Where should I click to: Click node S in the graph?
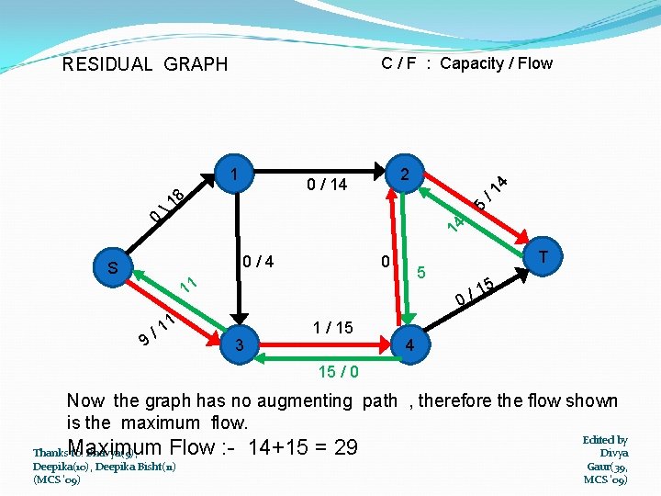coord(113,268)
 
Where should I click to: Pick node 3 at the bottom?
coord(239,345)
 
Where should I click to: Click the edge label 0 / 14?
coord(327,186)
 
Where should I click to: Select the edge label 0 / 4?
coord(258,263)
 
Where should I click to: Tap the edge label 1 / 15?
coord(332,327)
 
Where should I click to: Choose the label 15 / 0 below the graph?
coord(339,373)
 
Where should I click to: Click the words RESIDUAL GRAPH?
coord(144,64)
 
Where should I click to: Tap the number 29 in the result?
coord(345,447)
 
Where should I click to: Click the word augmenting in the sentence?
coord(305,400)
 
